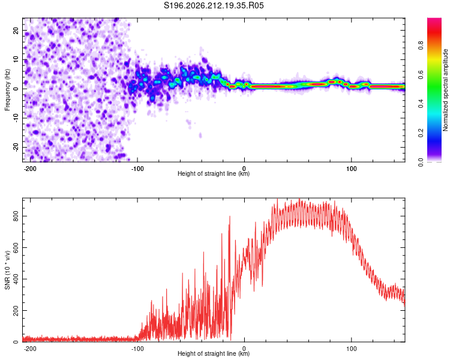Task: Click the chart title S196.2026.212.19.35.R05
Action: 214,5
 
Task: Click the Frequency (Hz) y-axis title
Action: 7,89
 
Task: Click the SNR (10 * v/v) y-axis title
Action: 7,270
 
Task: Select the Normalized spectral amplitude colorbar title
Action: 445,90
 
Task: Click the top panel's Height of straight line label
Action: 214,173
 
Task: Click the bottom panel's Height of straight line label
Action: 214,353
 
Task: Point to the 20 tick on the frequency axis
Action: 16,31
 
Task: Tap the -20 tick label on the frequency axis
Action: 16,148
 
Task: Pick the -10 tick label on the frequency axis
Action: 16,118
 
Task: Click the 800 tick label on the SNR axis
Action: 16,216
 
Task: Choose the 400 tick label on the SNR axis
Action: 16,279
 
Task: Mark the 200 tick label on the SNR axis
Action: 16,311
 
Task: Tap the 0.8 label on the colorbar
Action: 421,46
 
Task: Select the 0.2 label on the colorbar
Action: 421,133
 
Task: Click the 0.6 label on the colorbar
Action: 421,74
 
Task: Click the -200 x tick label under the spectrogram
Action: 29,169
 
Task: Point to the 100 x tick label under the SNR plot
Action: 351,349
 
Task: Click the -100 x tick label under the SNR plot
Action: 137,349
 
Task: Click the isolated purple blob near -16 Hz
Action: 200,136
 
